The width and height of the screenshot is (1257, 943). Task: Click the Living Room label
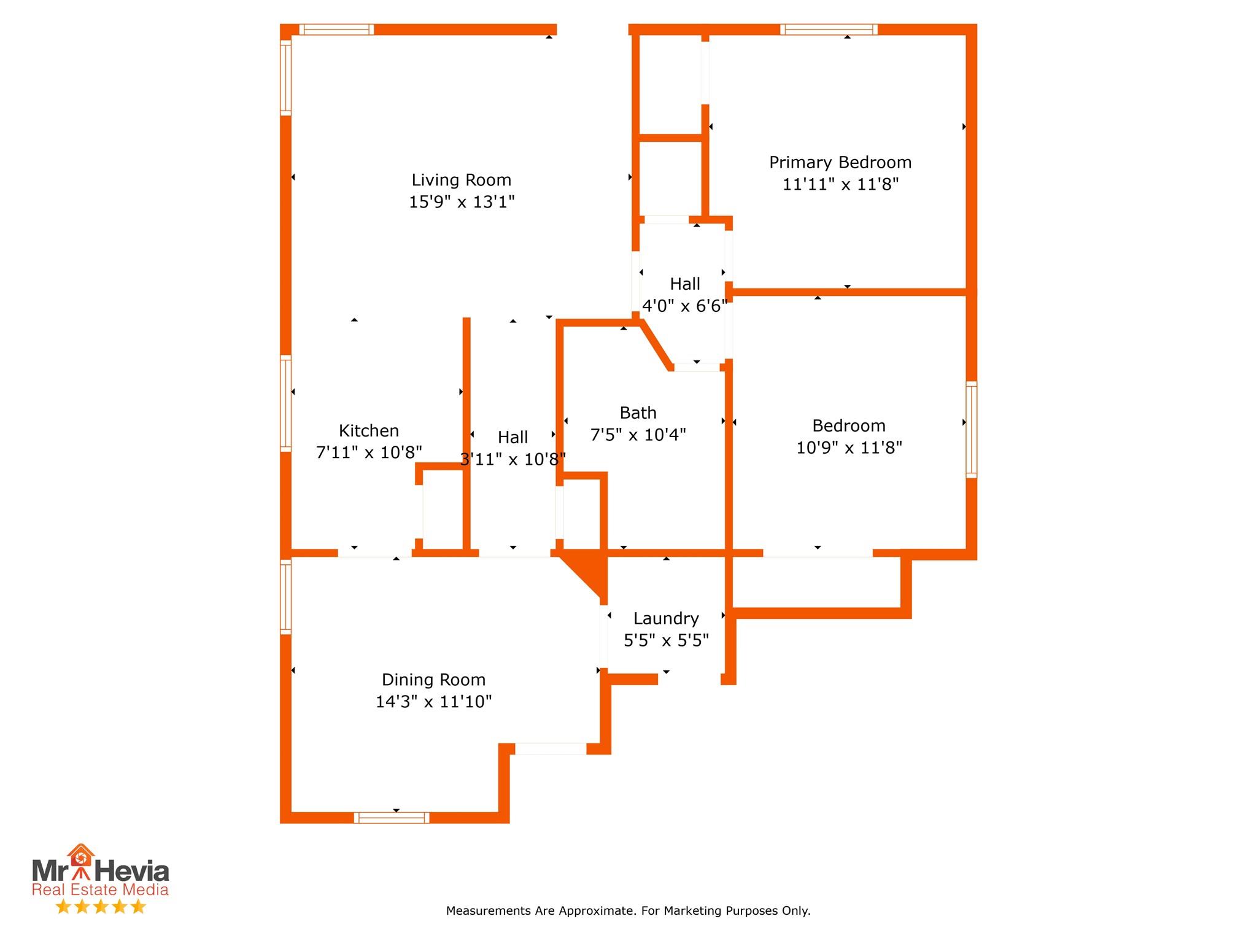click(461, 180)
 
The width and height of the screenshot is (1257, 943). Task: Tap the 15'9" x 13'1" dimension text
click(462, 202)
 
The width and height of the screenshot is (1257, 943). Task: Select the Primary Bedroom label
click(840, 163)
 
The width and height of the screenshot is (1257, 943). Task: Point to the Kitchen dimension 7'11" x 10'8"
click(369, 452)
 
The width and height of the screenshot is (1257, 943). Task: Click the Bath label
click(638, 413)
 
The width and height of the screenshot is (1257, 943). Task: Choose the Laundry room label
click(666, 618)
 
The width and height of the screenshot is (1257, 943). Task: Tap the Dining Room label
click(433, 680)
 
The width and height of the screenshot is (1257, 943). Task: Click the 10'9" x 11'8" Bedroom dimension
click(849, 448)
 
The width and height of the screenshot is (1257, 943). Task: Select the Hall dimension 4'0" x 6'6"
click(684, 306)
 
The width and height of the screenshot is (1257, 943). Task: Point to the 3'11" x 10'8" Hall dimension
click(512, 459)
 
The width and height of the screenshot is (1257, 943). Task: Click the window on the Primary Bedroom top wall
click(829, 29)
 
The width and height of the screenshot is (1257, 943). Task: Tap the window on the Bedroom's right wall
click(971, 429)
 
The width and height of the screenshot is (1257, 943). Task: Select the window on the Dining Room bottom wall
click(392, 817)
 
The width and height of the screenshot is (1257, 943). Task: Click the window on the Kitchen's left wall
click(285, 403)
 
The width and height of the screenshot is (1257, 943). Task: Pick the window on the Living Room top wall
click(336, 29)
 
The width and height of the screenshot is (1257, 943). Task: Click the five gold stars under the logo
click(101, 907)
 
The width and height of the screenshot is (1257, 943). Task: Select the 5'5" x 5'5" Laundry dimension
click(666, 640)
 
